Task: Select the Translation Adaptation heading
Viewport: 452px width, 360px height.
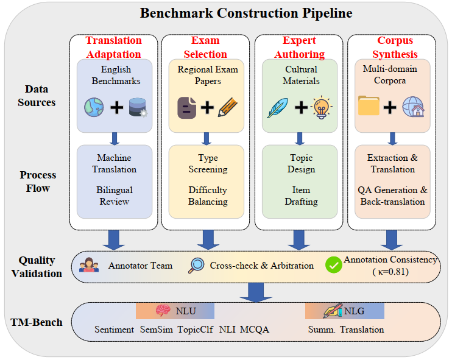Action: [x=114, y=48]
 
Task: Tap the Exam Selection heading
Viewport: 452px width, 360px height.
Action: [x=205, y=48]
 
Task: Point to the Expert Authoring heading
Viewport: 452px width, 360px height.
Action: [x=299, y=48]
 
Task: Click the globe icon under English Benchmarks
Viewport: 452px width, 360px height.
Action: [x=95, y=108]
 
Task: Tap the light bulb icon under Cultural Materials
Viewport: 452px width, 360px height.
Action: [x=321, y=108]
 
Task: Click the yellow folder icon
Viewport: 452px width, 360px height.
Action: [x=369, y=108]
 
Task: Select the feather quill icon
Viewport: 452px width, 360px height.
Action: [x=277, y=108]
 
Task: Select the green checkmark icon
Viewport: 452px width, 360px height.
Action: [x=333, y=265]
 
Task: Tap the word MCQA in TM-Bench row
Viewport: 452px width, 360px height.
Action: [x=256, y=330]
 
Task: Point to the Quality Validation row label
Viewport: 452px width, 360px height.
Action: [x=37, y=267]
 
